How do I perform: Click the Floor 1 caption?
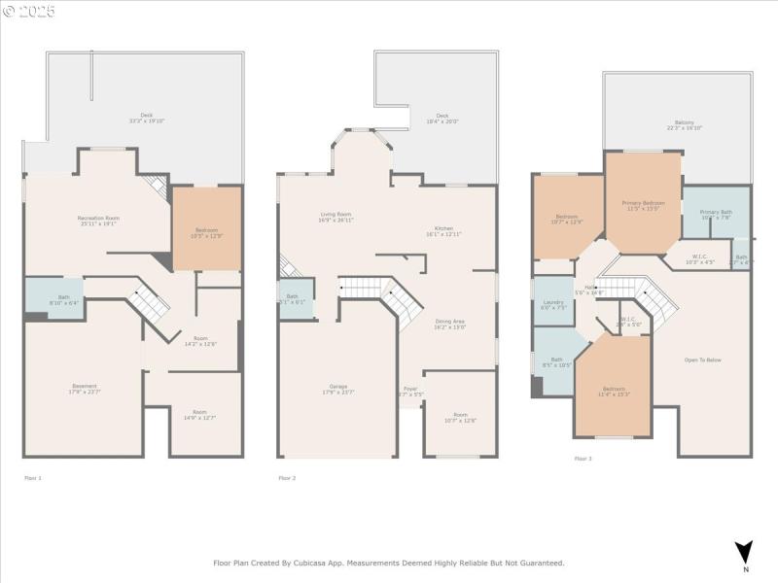pos(32,478)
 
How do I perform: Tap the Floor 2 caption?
pos(287,478)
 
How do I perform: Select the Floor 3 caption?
pos(583,459)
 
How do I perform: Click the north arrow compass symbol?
pos(744,551)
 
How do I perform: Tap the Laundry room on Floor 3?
pos(552,304)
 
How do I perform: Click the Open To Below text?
pos(703,360)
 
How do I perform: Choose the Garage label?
pos(337,389)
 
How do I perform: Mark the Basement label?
pos(85,389)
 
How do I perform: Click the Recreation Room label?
pos(98,221)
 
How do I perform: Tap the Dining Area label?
pos(448,325)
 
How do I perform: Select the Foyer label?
pos(410,392)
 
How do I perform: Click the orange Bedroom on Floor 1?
pos(206,231)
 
